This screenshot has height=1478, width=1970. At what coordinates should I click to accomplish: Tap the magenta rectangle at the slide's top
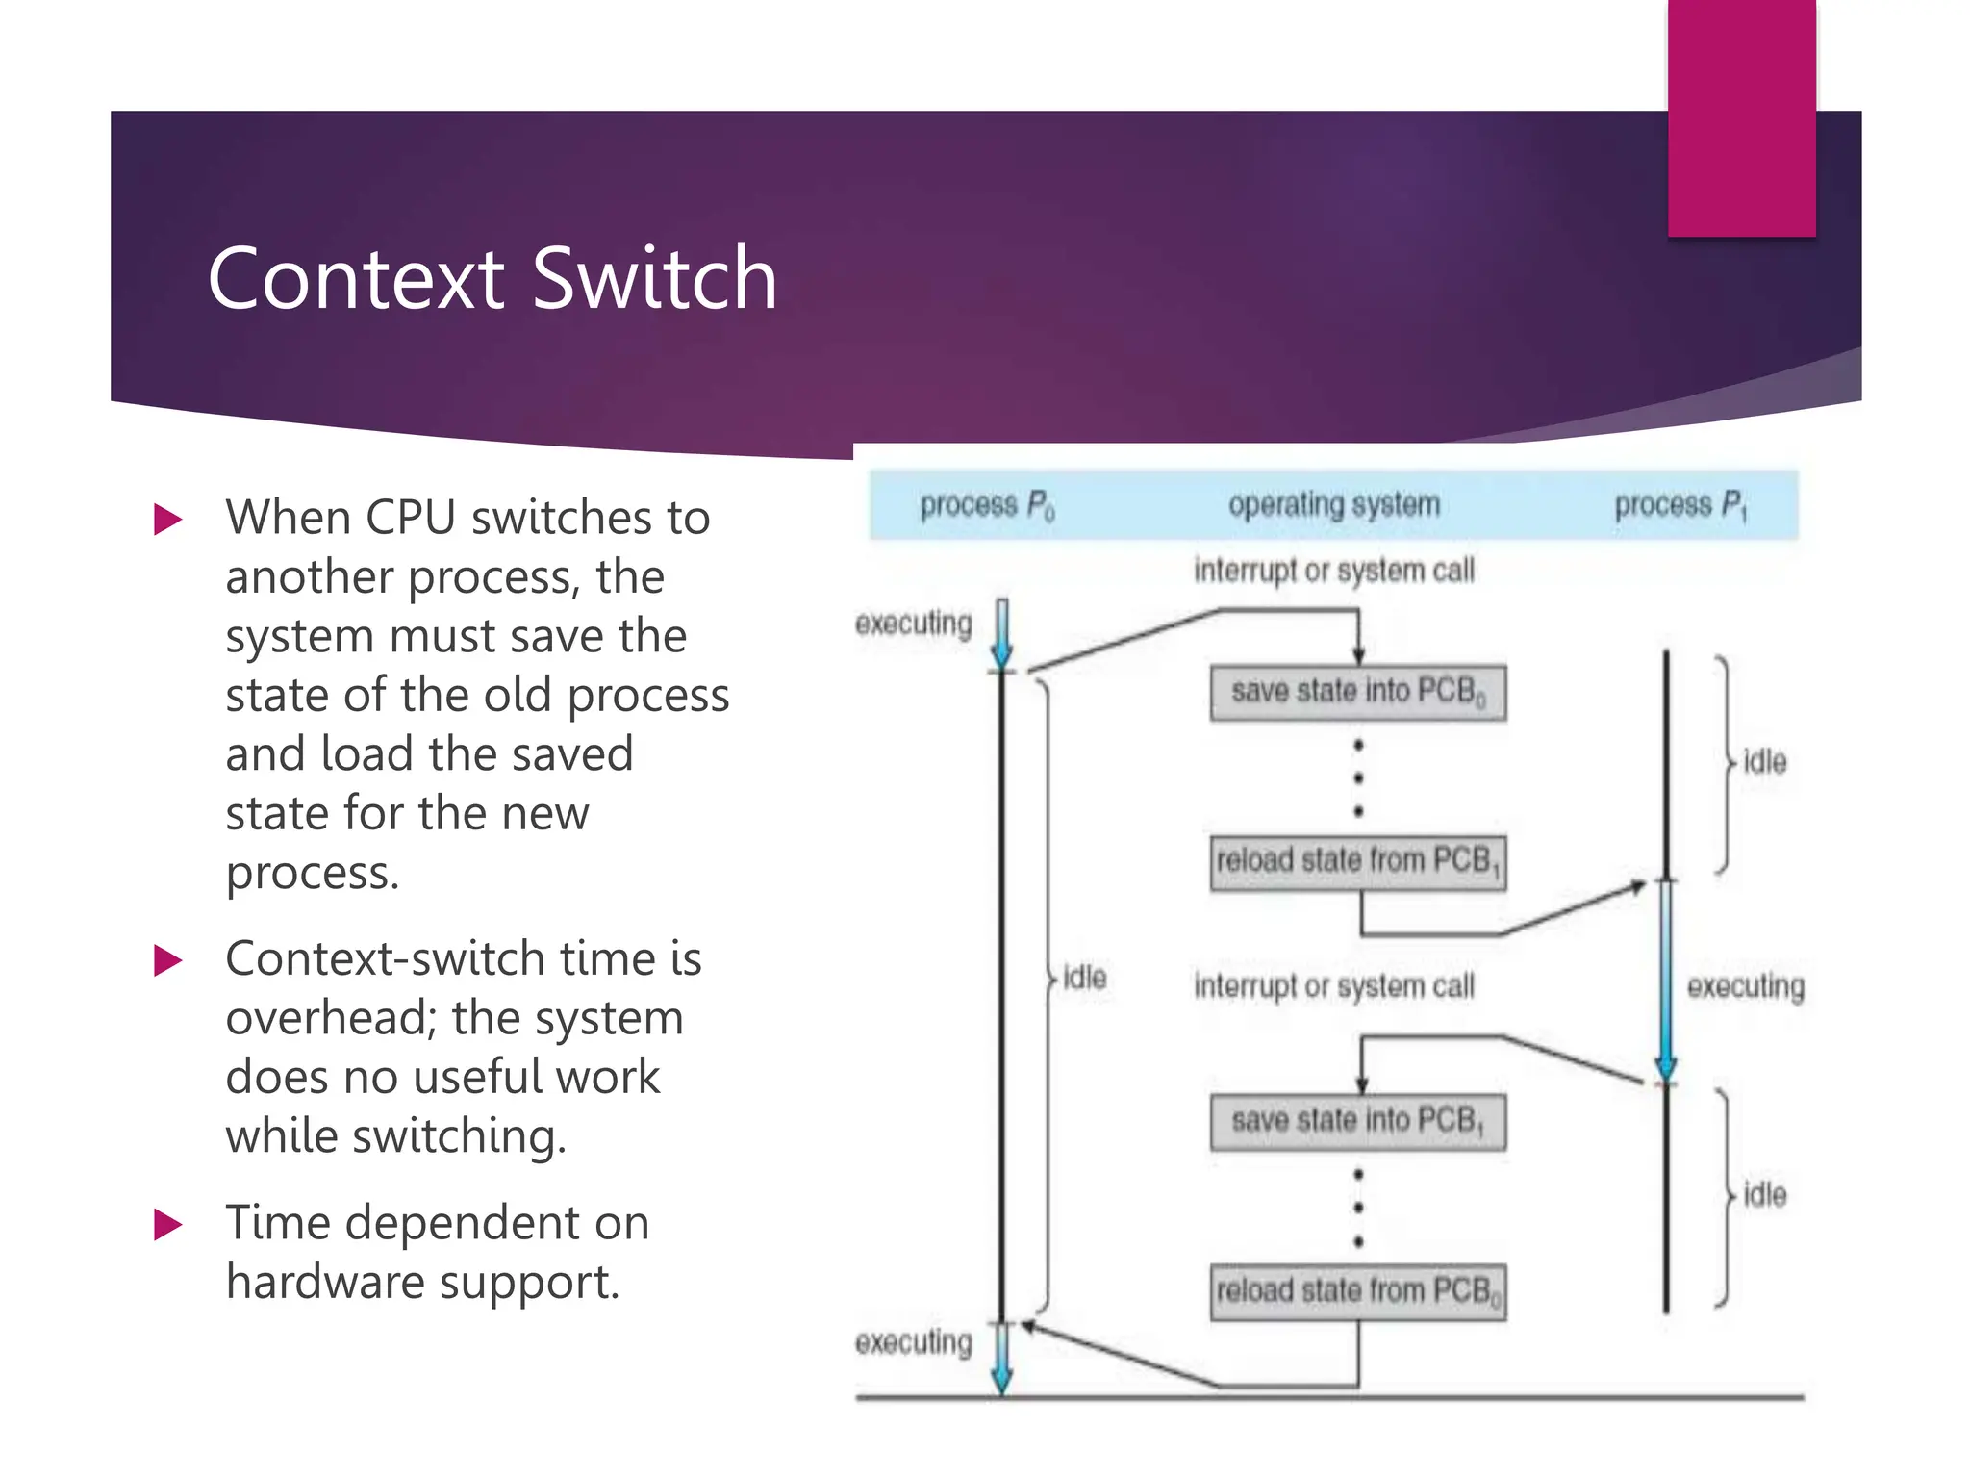1741,117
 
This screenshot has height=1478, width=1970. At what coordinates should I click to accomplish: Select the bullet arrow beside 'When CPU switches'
167,520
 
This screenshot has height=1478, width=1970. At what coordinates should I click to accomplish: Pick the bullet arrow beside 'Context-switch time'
167,960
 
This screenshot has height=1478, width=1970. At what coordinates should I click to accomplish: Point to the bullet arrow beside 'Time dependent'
167,1225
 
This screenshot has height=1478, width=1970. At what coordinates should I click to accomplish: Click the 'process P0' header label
987,505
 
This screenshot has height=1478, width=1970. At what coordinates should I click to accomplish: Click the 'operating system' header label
1333,504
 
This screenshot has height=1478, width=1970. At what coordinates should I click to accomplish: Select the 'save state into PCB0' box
1357,692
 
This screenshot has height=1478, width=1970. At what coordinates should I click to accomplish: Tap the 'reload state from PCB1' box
1357,861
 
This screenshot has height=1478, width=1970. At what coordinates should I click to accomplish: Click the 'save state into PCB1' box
1357,1121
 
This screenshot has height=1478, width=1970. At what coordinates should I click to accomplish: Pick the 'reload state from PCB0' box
1357,1291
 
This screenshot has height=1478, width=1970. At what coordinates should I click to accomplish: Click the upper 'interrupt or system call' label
1333,571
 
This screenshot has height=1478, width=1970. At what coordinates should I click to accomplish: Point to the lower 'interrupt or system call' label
1333,986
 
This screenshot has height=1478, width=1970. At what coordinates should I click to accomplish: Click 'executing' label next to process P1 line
1745,986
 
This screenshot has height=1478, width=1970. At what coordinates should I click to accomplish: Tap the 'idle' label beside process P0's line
1084,979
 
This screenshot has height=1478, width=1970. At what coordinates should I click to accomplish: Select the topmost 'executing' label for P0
913,624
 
